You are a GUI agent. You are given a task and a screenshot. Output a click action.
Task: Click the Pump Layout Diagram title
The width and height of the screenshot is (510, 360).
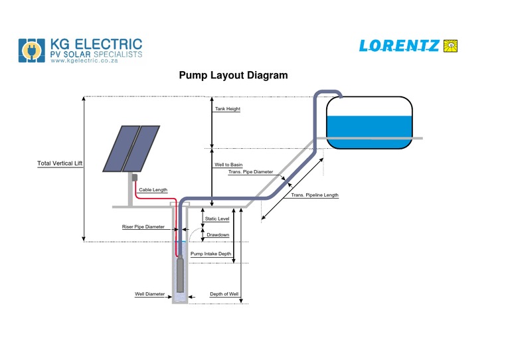233,75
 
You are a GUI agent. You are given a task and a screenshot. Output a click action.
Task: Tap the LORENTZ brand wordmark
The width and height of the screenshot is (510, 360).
398,46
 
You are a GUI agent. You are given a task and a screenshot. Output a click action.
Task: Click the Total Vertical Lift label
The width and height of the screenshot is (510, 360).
60,163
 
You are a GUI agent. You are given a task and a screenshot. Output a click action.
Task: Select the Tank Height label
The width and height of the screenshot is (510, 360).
227,109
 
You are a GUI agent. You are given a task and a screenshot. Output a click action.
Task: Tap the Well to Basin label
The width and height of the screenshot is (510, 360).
228,164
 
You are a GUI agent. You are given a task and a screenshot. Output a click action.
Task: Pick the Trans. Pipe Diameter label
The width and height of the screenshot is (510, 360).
250,171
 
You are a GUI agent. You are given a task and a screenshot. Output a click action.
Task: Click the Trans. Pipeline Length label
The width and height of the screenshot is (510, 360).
315,195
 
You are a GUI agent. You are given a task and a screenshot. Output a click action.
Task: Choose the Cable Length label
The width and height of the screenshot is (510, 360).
153,190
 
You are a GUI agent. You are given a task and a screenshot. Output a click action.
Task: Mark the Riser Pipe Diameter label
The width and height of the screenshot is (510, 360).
143,226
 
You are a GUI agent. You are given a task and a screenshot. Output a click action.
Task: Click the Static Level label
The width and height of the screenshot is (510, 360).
217,219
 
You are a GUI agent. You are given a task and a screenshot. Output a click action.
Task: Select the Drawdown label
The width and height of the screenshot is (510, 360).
218,234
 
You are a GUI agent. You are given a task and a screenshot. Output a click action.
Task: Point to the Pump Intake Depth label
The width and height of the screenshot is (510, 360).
211,254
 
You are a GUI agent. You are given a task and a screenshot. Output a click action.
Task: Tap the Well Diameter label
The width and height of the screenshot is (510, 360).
149,293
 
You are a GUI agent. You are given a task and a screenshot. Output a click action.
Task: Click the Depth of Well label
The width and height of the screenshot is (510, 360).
224,294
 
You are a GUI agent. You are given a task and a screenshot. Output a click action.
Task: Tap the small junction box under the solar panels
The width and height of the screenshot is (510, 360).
133,177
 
